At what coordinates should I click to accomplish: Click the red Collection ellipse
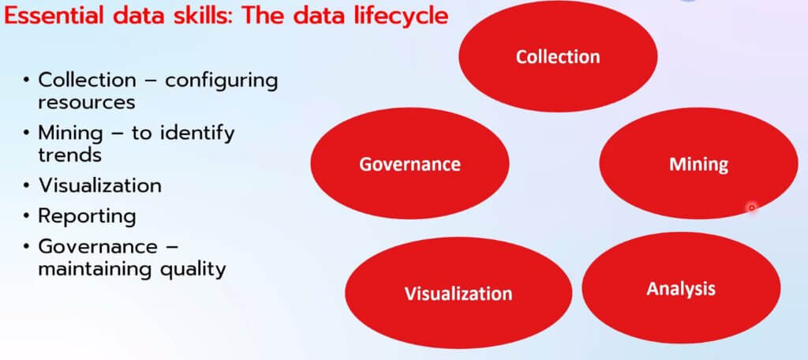(x=558, y=56)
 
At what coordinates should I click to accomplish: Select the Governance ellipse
(x=410, y=163)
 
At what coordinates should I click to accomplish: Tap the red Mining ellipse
(x=699, y=163)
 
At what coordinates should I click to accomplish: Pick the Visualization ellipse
(x=458, y=293)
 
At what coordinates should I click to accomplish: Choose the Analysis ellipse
(x=681, y=288)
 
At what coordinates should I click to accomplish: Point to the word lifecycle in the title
(x=396, y=17)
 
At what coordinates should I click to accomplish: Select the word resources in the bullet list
(x=87, y=102)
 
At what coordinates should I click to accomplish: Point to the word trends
(x=69, y=154)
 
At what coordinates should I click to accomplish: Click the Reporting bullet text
(x=87, y=216)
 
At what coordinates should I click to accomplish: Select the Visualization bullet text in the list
(x=99, y=186)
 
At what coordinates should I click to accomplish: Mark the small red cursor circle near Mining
(x=752, y=208)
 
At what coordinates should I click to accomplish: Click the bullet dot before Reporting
(x=26, y=216)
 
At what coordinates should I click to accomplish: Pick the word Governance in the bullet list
(x=98, y=246)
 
